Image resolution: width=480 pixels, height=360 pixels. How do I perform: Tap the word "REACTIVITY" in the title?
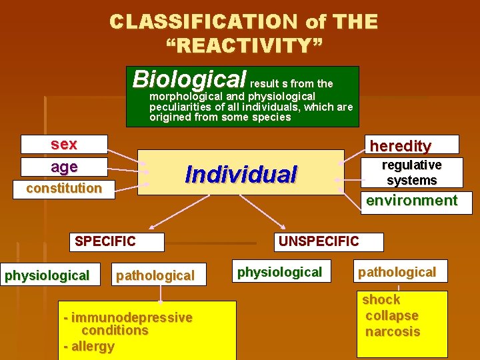tap(244, 46)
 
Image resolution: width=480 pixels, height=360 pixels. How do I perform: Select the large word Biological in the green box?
tap(189, 79)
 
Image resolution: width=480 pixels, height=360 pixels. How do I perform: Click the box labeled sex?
tap(64, 144)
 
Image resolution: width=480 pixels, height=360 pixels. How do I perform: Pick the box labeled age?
tap(64, 167)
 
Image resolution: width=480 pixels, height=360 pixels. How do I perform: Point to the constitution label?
tap(64, 188)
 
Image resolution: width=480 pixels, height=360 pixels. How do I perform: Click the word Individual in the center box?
tap(241, 174)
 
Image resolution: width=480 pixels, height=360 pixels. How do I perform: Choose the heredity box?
tap(400, 145)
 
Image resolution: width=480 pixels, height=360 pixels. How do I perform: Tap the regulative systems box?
tap(411, 173)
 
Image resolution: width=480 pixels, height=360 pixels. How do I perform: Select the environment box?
tap(412, 201)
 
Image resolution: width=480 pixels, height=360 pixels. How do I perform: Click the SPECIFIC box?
tap(105, 241)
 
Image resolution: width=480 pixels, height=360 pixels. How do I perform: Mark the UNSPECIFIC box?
tap(319, 241)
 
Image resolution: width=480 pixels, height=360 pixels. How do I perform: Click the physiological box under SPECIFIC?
tap(47, 275)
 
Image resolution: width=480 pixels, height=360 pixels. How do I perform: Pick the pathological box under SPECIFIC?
tap(155, 275)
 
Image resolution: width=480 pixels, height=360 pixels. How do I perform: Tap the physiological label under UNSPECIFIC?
tap(279, 272)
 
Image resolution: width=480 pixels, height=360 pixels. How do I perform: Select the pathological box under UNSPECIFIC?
tap(397, 272)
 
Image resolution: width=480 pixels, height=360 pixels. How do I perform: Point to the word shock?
tap(381, 299)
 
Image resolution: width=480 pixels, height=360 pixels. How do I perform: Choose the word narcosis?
tap(393, 331)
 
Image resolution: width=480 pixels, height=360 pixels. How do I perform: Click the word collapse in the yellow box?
tap(392, 315)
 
